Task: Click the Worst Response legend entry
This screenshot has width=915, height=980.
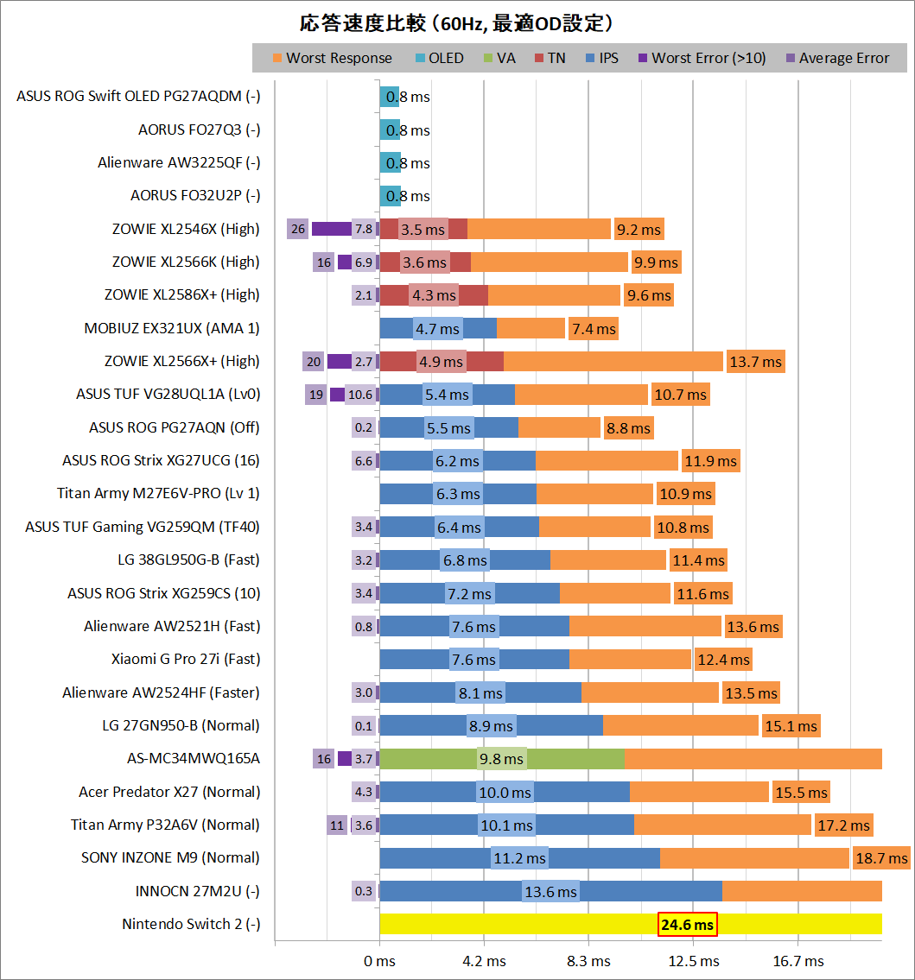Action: (x=332, y=59)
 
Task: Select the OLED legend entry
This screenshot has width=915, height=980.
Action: (x=439, y=59)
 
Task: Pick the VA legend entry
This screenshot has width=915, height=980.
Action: (x=499, y=59)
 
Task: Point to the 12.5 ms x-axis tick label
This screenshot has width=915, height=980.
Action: (x=693, y=961)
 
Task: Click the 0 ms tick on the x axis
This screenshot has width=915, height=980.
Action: (x=379, y=961)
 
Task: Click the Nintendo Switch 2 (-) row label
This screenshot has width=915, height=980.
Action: (x=191, y=925)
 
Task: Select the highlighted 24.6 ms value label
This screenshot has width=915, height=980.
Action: (x=688, y=925)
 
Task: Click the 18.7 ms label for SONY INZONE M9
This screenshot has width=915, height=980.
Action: (x=881, y=858)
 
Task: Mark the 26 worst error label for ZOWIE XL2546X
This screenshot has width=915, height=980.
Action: (x=298, y=229)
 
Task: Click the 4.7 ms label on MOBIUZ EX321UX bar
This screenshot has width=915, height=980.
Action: (x=437, y=328)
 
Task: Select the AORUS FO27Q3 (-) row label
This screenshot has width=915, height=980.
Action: (x=200, y=130)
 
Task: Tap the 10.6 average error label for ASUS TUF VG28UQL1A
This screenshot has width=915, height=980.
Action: (x=360, y=395)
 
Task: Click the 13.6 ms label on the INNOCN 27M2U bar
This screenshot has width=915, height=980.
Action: (x=550, y=892)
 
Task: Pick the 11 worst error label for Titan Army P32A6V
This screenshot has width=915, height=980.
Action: (x=337, y=825)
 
